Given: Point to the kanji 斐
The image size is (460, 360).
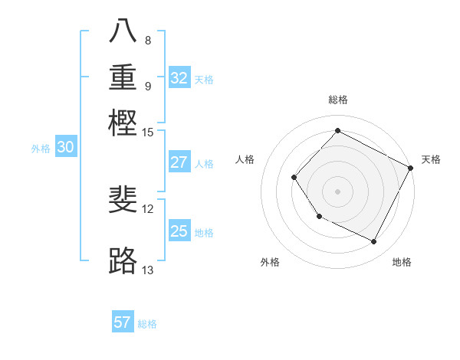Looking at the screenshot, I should point(123,199).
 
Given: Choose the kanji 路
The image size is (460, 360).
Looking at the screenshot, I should point(123,260).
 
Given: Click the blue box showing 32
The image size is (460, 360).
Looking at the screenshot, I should point(179,78).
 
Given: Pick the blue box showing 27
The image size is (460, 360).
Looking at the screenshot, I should point(179,162).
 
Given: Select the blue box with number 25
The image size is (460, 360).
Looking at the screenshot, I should point(179,231).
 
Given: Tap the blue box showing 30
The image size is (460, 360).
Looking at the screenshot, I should point(66,148).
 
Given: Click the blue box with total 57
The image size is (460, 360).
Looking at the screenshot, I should point(123,322).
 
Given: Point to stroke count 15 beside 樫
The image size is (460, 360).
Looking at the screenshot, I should point(148,133).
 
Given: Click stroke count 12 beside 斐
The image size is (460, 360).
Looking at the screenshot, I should point(148,208).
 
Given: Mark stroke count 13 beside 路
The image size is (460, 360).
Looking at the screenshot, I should point(148,270).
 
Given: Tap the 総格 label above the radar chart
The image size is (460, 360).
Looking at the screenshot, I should point(337,100).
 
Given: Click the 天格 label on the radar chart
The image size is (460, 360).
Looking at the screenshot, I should point(431,159).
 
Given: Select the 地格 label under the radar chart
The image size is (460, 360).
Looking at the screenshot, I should point(402,262).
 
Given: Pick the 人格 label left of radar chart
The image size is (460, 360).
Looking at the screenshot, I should point(245,159).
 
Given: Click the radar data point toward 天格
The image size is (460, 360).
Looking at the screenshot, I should point(411,168).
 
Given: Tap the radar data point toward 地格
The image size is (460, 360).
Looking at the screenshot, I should point(374,242).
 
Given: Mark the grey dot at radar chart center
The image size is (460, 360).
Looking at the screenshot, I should point(337,191).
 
